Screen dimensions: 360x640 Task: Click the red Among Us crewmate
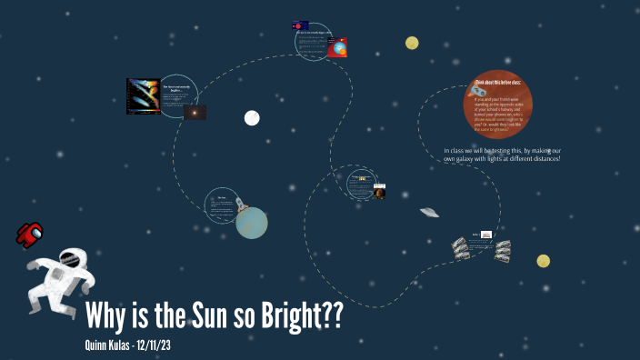point(30,234)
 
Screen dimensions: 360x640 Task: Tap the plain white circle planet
point(252,117)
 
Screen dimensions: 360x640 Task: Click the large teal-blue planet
point(252,223)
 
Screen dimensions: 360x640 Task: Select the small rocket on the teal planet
point(241,205)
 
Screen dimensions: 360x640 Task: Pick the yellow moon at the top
point(412,43)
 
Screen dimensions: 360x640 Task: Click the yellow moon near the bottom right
point(543,261)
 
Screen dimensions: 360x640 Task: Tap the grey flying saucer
point(430,213)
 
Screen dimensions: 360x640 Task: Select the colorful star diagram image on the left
point(143,96)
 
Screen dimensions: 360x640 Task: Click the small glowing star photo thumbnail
point(195,113)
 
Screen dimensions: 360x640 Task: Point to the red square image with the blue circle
point(338,49)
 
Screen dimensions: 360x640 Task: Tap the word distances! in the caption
point(542,159)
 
